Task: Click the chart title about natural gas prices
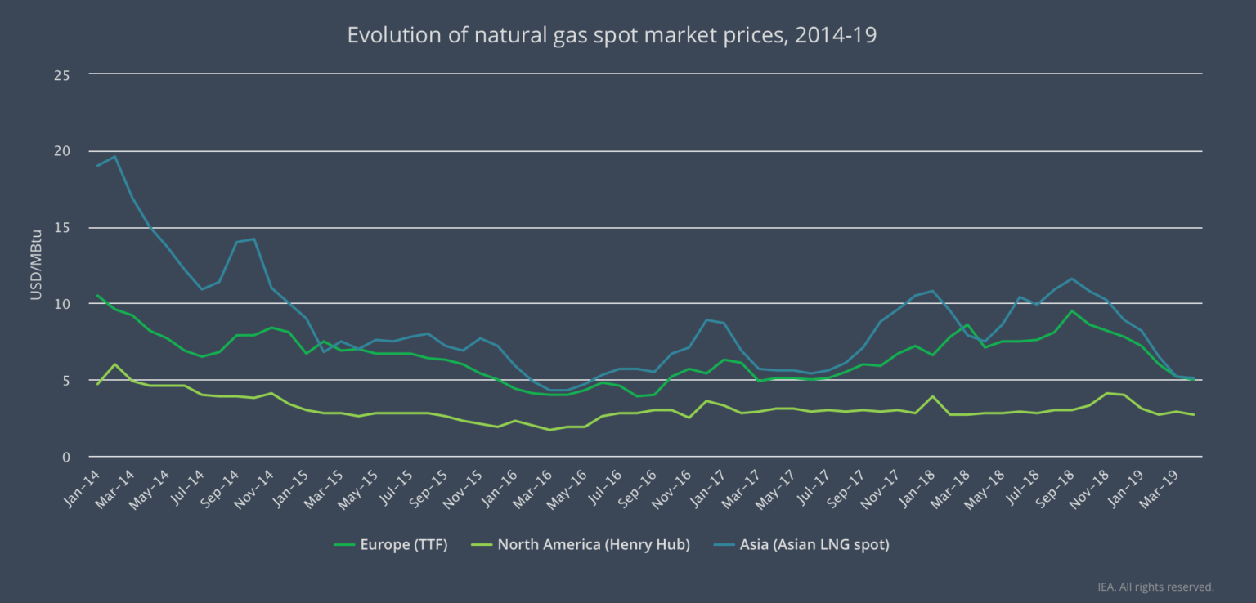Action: point(612,36)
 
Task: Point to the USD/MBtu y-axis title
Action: point(36,266)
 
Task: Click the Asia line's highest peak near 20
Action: point(114,156)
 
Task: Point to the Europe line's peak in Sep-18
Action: point(1071,310)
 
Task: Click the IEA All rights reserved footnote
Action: point(1155,587)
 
